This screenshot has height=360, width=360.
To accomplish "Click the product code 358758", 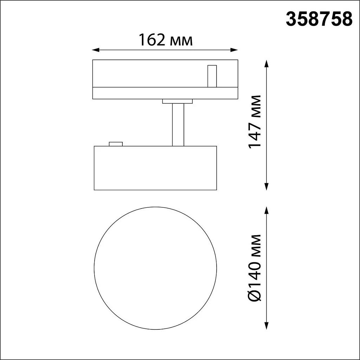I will tap(319, 19).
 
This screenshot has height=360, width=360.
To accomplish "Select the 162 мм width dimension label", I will tap(165, 40).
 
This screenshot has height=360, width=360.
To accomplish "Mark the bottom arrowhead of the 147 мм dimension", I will tap(266, 187).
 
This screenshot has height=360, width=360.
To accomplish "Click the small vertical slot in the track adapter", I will tap(212, 76).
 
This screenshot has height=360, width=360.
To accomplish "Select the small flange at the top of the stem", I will tap(178, 101).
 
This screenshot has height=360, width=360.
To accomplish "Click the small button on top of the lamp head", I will tap(116, 143).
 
